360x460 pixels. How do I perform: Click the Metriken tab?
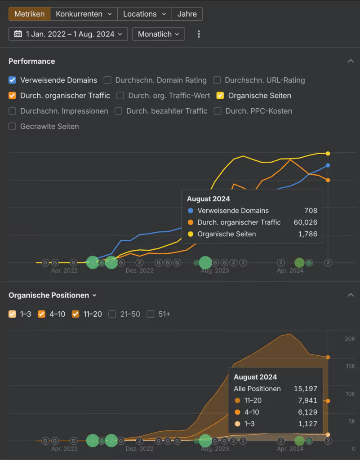[30, 14]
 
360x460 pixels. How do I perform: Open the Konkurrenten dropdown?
[84, 14]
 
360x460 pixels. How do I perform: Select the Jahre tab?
[187, 14]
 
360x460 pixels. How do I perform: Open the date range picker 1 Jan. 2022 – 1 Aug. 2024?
[68, 34]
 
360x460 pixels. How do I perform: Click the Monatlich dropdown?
[158, 34]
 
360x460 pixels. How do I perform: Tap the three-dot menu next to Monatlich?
[199, 34]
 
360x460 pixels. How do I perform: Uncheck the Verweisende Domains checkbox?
[13, 80]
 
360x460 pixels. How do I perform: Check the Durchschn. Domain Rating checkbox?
[107, 80]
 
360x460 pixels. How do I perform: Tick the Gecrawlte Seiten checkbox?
[13, 127]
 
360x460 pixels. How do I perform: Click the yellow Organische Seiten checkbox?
[220, 96]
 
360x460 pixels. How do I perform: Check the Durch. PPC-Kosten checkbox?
[218, 111]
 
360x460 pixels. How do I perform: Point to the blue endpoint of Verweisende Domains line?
[328, 165]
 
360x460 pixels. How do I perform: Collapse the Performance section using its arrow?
[351, 61]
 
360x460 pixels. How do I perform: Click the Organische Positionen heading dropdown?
[53, 296]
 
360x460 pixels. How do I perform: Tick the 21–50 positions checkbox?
[112, 314]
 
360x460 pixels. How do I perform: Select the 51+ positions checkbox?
[151, 314]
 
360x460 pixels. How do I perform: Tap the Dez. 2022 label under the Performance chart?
[140, 270]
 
